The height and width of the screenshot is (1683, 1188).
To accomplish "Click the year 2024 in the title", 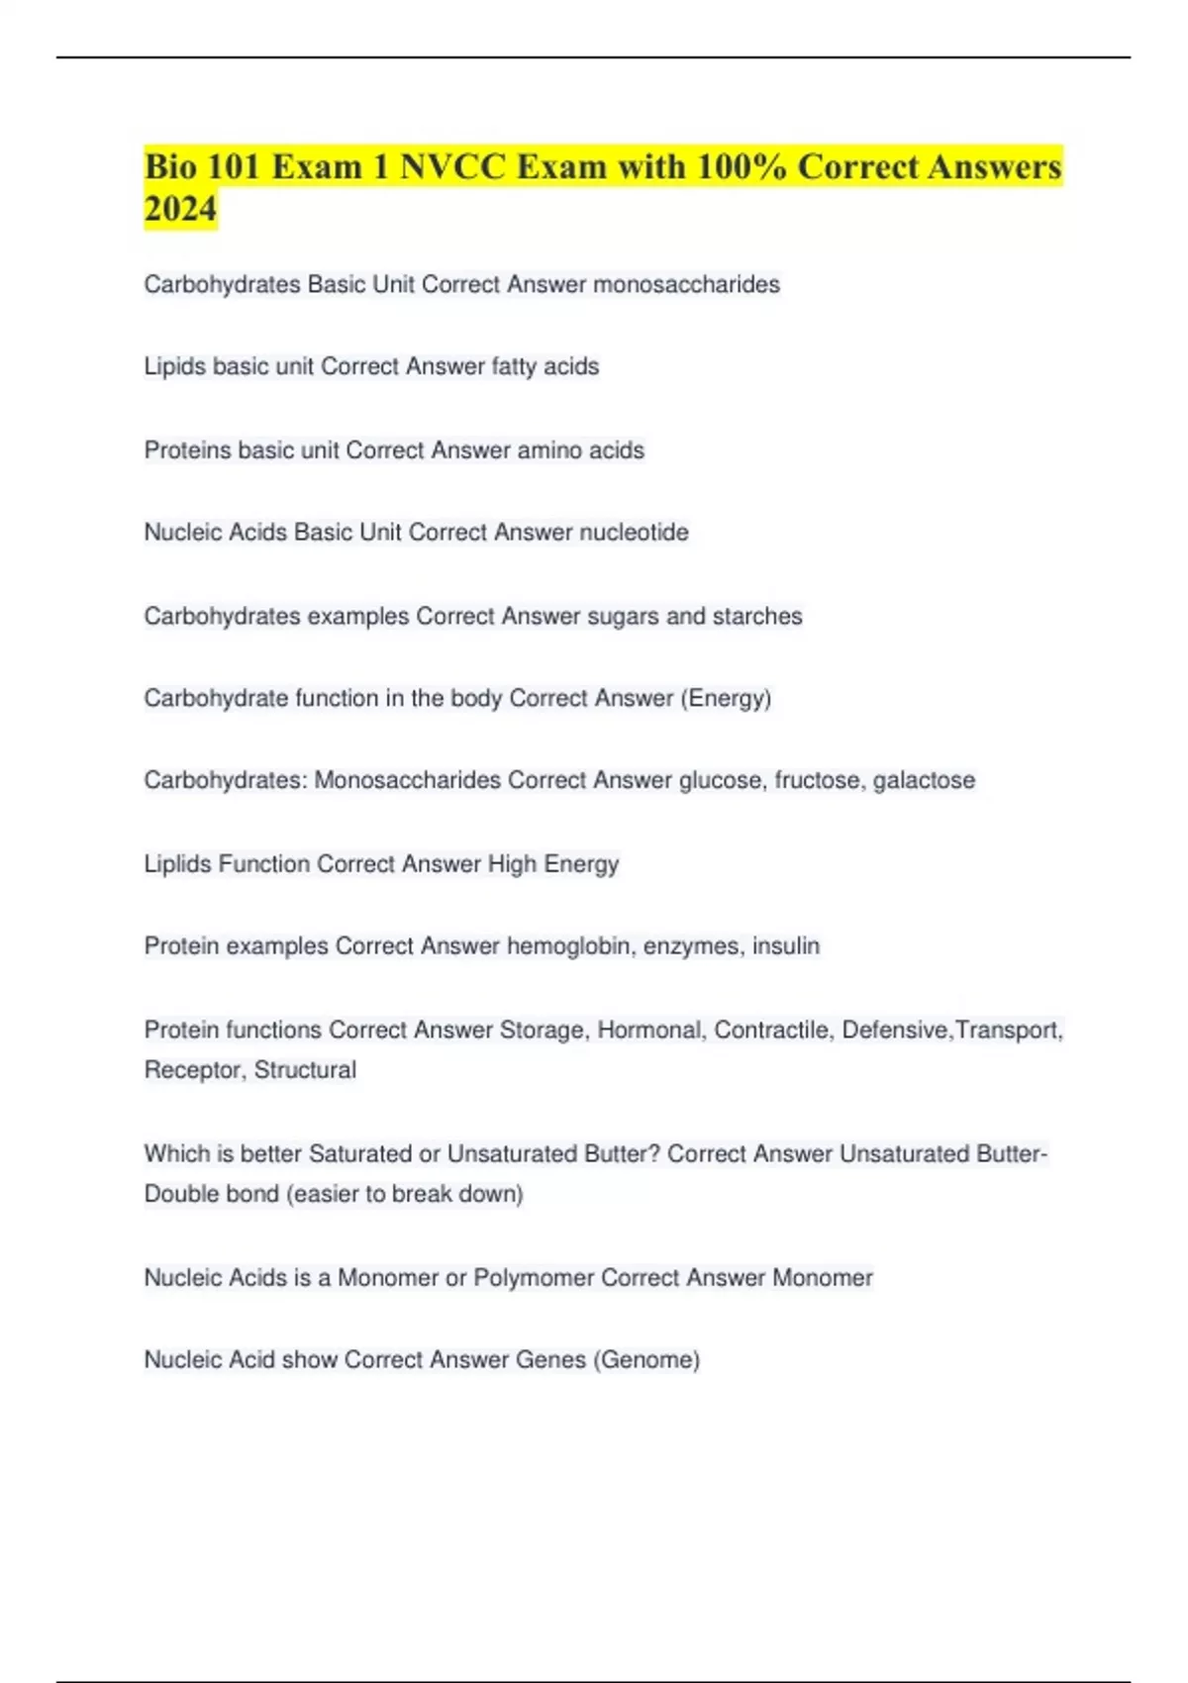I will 180,209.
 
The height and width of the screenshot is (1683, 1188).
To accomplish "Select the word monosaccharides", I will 686,285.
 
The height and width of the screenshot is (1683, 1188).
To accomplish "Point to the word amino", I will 549,450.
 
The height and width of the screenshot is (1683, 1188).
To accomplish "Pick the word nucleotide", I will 634,533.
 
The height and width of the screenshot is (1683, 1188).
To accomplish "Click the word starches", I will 757,617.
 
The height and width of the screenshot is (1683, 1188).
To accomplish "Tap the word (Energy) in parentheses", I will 726,699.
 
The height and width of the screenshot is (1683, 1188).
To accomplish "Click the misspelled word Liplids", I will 178,864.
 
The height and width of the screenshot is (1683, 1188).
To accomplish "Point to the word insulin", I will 786,946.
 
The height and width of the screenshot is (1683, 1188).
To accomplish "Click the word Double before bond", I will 181,1194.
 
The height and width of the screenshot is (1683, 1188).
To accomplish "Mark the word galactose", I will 924,781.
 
